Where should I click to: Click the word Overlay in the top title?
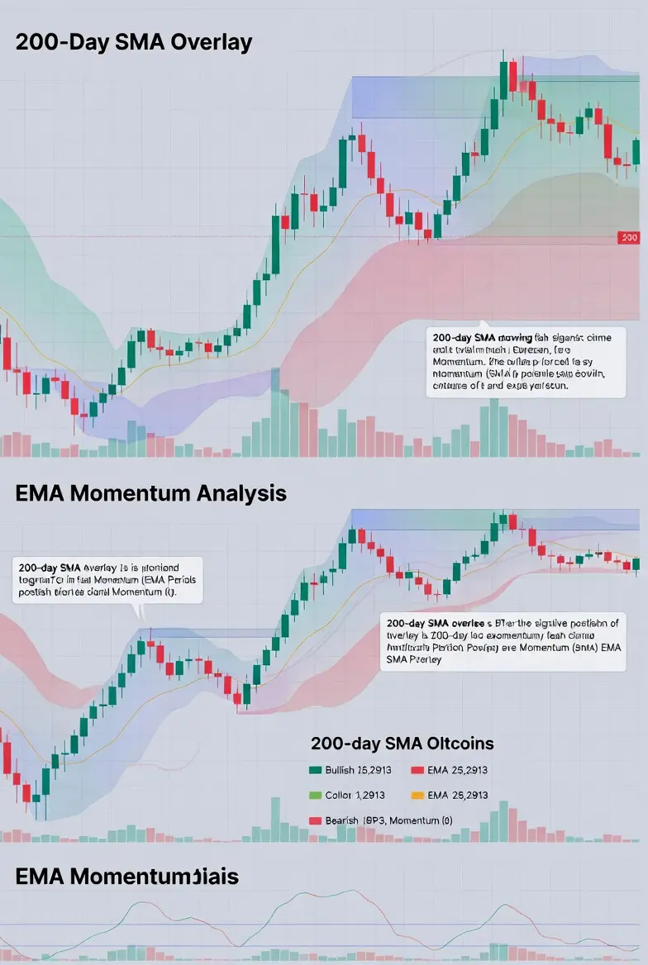[211, 43]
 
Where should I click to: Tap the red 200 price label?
[628, 238]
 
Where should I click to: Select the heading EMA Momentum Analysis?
[150, 493]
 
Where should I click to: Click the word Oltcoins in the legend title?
[455, 744]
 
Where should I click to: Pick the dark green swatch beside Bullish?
[314, 770]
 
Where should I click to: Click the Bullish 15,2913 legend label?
[351, 770]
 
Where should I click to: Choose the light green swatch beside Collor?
[314, 795]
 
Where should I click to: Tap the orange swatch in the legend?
[417, 795]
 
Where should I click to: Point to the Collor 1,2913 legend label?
[349, 795]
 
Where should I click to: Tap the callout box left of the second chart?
[107, 580]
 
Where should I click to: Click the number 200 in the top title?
[36, 43]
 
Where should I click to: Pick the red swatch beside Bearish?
[314, 820]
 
